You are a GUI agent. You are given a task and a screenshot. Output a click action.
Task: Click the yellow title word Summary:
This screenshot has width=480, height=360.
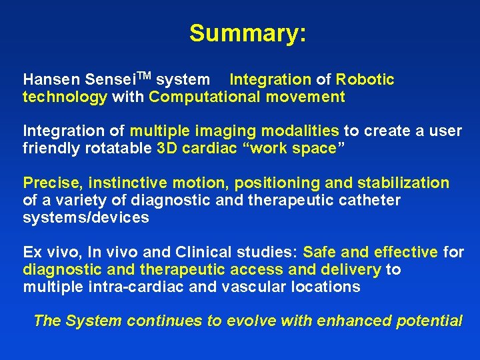point(247,33)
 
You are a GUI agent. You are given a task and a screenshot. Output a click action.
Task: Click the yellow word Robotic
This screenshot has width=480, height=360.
point(365,80)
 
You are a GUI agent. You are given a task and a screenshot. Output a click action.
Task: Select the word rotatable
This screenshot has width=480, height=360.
point(119,149)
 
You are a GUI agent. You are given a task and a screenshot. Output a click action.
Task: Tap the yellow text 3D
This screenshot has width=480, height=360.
point(167,149)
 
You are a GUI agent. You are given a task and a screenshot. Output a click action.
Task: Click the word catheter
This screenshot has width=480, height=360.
point(371,201)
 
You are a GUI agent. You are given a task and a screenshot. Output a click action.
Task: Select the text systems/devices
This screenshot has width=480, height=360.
point(86,218)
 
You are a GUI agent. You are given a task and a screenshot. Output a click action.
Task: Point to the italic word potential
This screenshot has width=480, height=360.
point(429,321)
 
